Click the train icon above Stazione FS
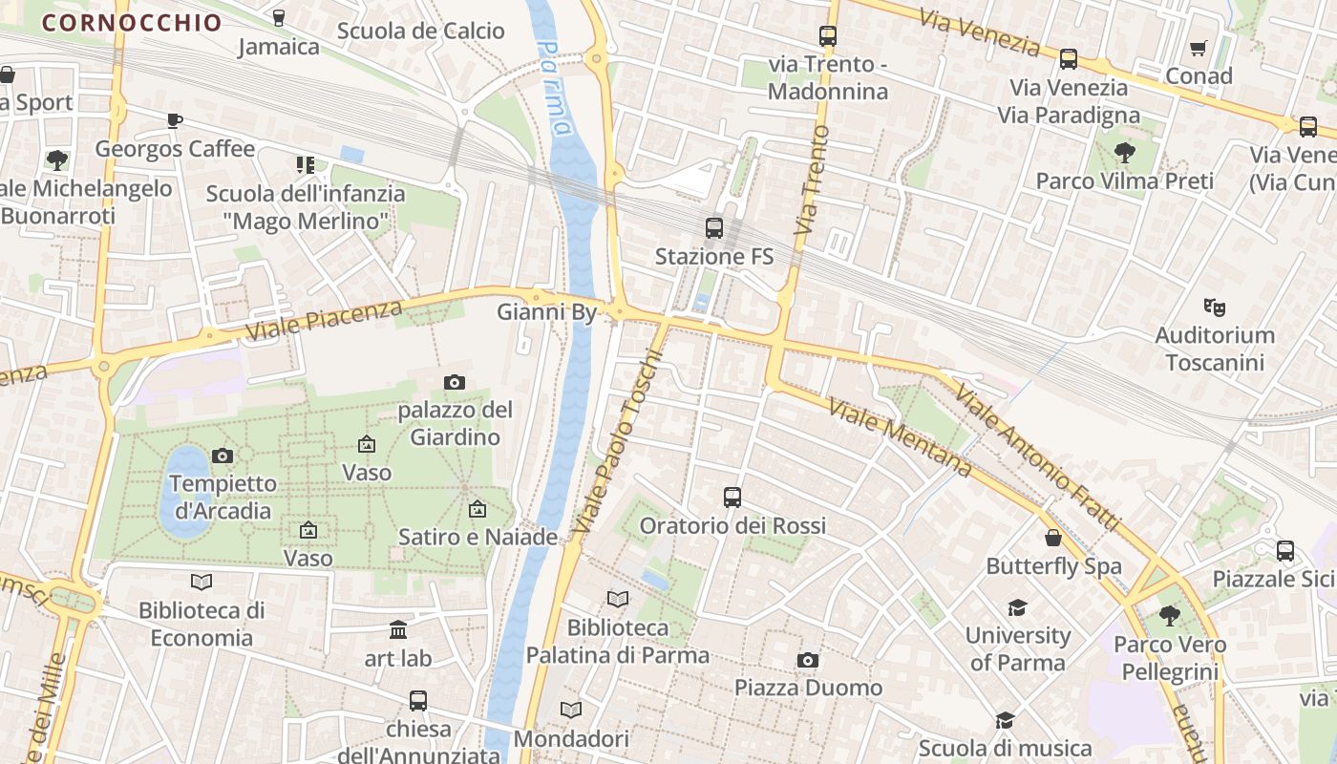pos(713,228)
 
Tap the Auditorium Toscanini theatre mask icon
pos(1214,307)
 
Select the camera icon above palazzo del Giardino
pos(455,382)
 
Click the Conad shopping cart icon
pos(1199,48)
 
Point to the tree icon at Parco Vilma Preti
pos(1125,152)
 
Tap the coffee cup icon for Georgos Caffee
pos(174,120)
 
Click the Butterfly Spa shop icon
pos(1053,538)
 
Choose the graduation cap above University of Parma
pos(1017,607)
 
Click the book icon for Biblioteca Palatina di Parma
pos(618,599)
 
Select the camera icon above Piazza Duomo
pos(808,660)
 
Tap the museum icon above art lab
pos(398,630)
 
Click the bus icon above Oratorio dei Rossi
pos(732,498)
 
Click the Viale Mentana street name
pos(900,438)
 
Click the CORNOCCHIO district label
pos(132,23)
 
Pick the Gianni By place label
pos(546,312)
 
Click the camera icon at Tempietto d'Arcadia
pos(223,456)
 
